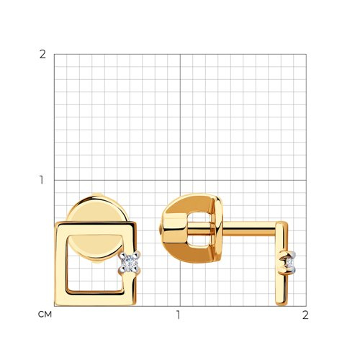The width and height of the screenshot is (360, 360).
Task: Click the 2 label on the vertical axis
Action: click(x=42, y=55)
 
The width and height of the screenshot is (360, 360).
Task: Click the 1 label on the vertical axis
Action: click(x=42, y=180)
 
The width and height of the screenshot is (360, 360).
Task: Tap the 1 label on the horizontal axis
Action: click(x=178, y=315)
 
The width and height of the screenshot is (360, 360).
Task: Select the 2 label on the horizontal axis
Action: click(x=305, y=315)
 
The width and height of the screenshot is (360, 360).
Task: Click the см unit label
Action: click(x=45, y=315)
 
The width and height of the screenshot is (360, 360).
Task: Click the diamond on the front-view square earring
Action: click(x=129, y=262)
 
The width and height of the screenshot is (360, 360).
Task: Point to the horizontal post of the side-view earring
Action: click(x=250, y=228)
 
